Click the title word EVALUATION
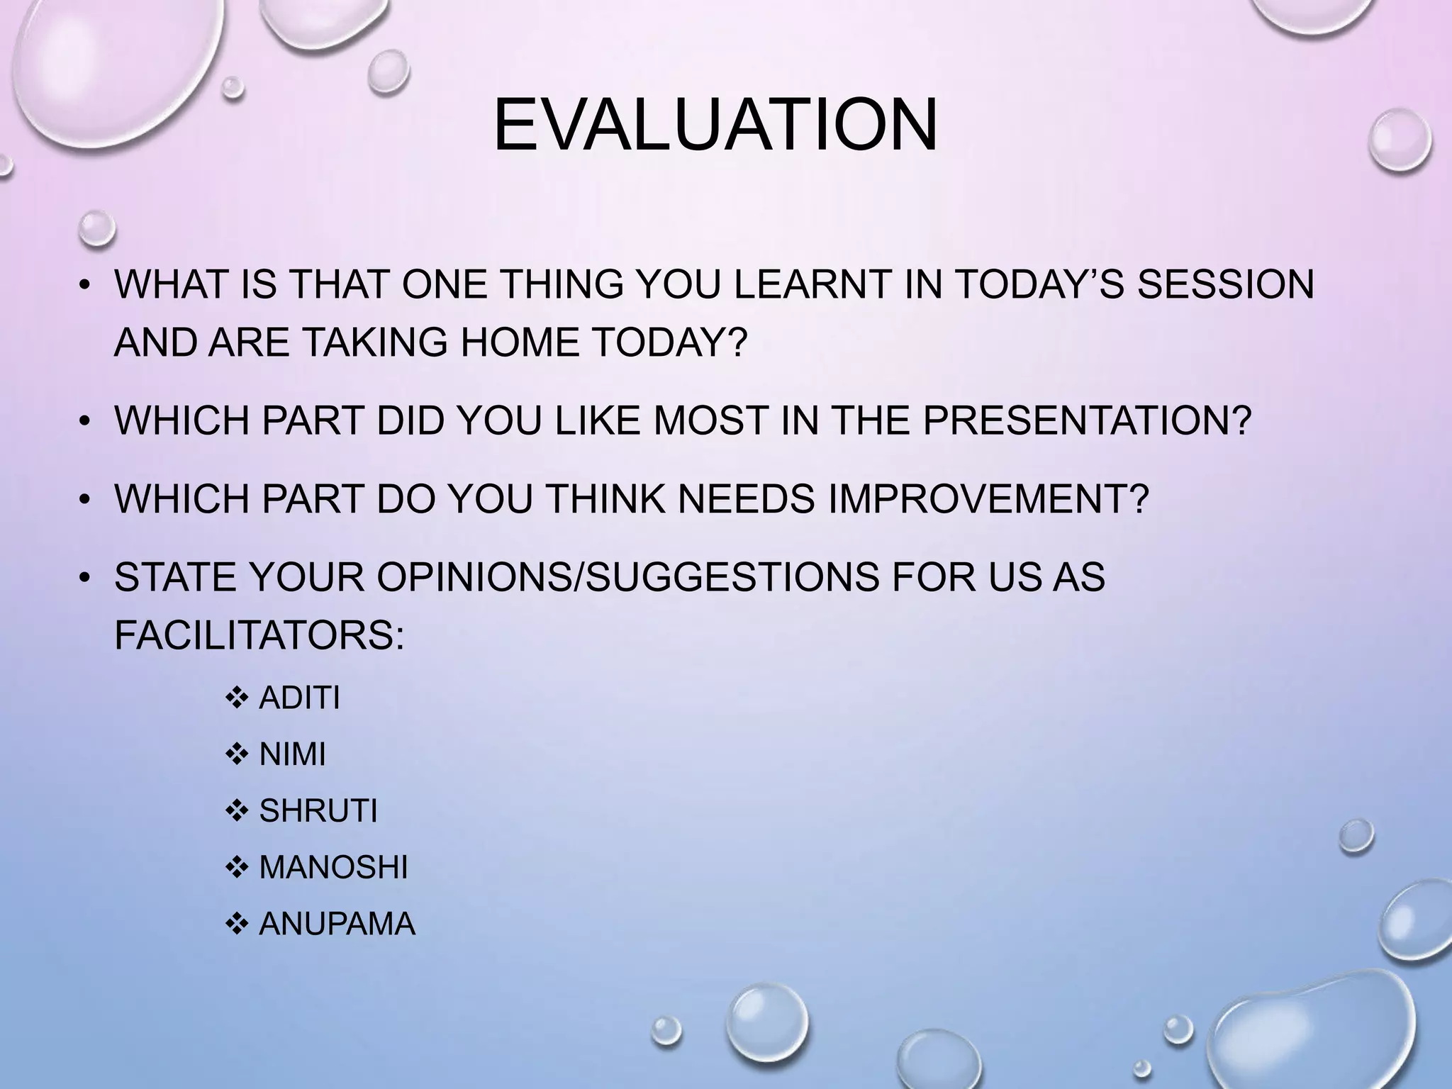pos(715,125)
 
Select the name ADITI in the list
pos(299,698)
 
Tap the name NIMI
pos(292,754)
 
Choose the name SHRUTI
pos(318,810)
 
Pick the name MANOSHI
pos(333,867)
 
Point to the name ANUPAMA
pos(337,924)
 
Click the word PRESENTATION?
pos(1087,420)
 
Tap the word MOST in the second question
pos(710,420)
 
